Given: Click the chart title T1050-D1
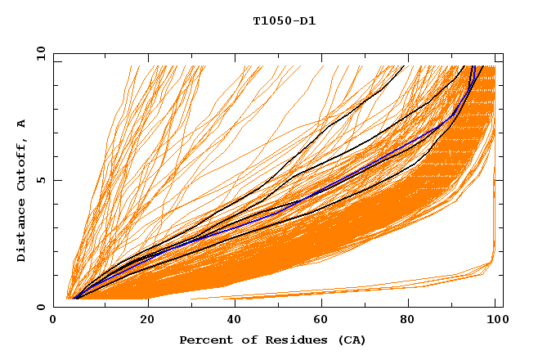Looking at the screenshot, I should (x=284, y=21).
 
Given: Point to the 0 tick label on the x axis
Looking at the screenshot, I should (x=54, y=321).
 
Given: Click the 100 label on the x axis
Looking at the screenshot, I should (x=495, y=321).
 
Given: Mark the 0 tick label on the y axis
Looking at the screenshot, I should (x=40, y=307).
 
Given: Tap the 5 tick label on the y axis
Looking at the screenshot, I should (x=40, y=180).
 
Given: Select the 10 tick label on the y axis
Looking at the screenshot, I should (x=38, y=53).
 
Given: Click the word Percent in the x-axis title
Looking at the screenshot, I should (x=203, y=340).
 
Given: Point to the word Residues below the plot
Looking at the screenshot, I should (x=289, y=340).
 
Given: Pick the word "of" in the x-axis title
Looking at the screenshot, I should (x=243, y=340).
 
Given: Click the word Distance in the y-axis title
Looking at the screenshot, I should (x=21, y=233).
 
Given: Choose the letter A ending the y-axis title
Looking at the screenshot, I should (x=21, y=124).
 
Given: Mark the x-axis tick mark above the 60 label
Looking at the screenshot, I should (x=319, y=304).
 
